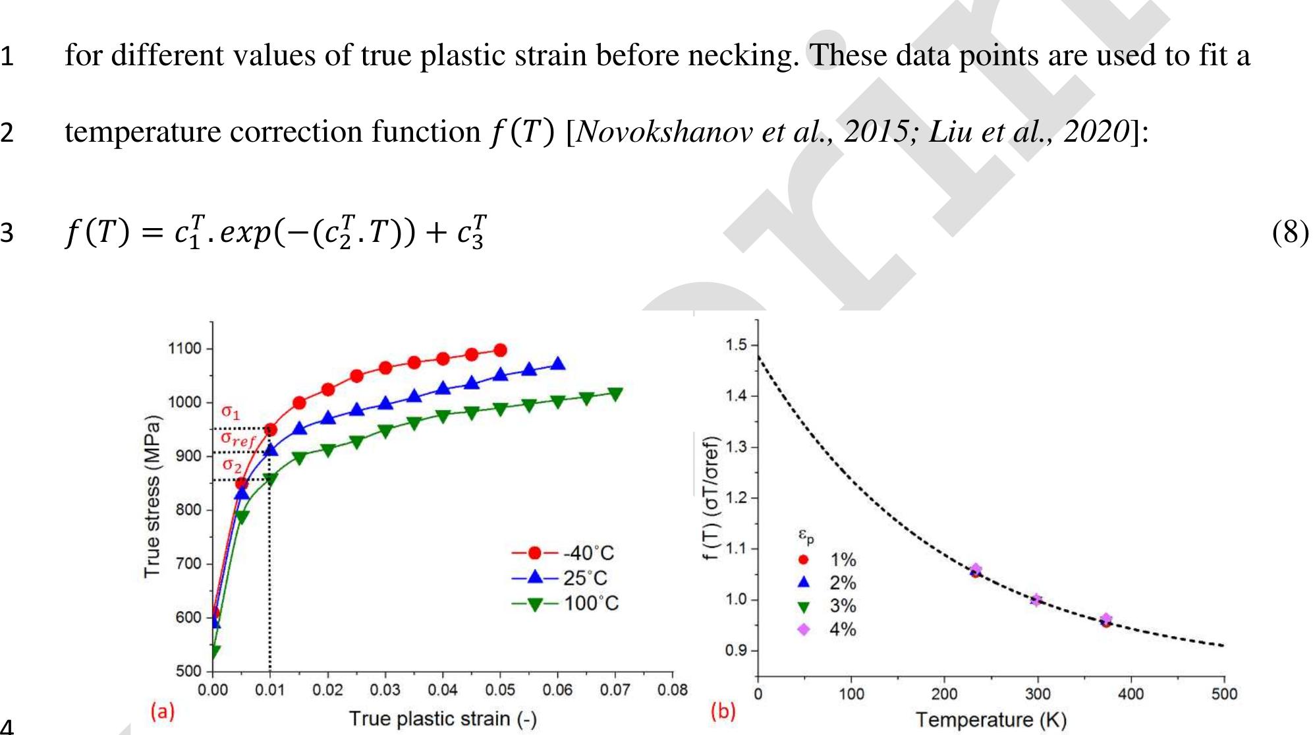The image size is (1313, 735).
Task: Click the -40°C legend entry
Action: click(563, 552)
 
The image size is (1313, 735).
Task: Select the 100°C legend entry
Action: click(565, 603)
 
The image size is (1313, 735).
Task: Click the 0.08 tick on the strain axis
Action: click(672, 690)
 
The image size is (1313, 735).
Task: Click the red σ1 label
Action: click(231, 413)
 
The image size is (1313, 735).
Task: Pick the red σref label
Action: click(237, 438)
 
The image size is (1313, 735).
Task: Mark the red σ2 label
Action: click(231, 465)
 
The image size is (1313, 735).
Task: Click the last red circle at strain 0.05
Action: click(500, 350)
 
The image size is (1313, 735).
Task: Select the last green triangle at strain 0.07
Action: click(615, 394)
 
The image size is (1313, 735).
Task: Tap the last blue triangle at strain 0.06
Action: click(558, 364)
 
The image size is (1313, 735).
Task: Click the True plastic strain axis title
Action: click(442, 719)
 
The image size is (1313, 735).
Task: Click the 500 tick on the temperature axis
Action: click(1223, 694)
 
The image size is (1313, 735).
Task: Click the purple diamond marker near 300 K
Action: click(1036, 600)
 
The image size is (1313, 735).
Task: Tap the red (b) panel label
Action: click(723, 711)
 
